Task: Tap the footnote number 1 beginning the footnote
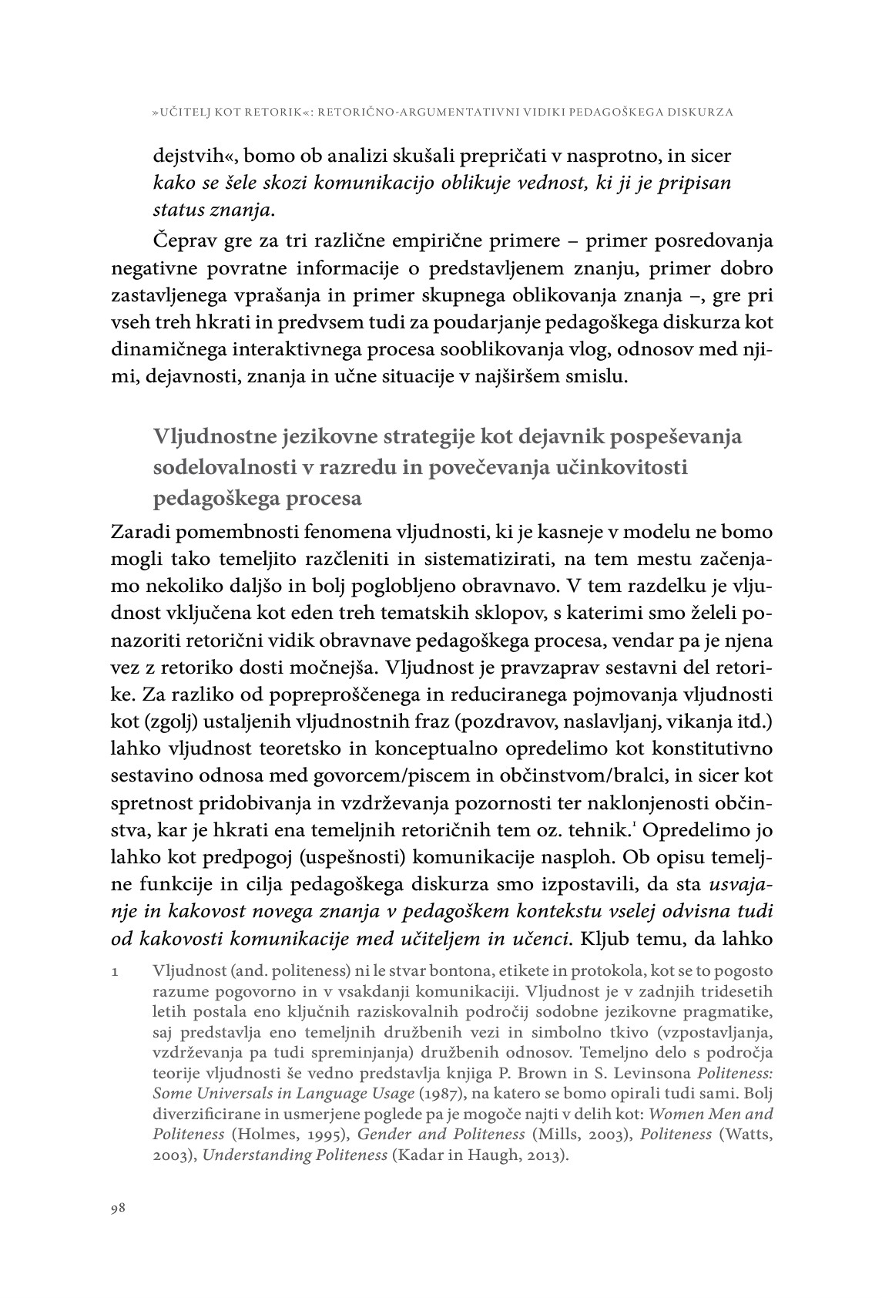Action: [115, 970]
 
